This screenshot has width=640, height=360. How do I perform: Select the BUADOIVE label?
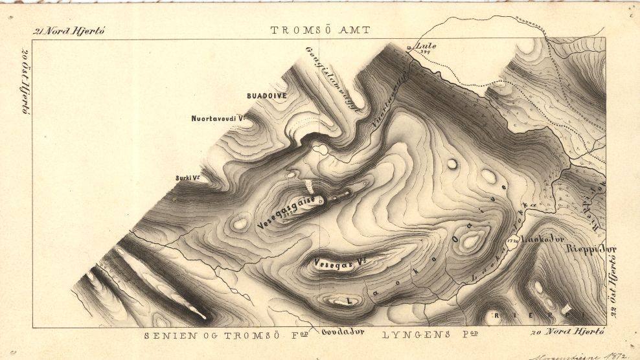click(x=267, y=96)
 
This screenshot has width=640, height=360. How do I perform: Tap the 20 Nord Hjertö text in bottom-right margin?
click(x=567, y=332)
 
